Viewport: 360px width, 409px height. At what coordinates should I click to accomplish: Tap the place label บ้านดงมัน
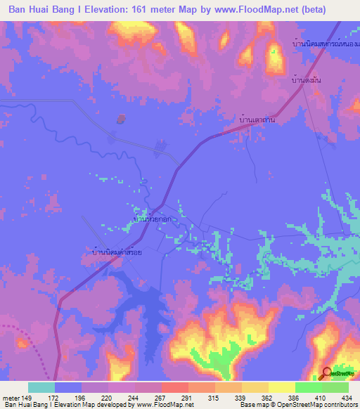coord(306,82)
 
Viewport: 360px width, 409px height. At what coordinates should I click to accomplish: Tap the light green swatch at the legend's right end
coord(335,387)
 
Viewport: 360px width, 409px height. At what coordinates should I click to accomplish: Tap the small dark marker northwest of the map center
coord(121,119)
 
